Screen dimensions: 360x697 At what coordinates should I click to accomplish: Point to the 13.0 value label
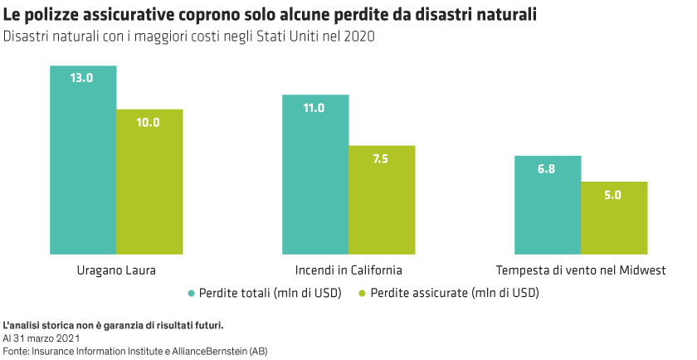coord(82,78)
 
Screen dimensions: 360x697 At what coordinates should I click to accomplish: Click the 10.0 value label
coord(149,122)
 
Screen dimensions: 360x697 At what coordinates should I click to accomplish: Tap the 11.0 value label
coord(314,108)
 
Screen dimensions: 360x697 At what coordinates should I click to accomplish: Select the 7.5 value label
coord(381,158)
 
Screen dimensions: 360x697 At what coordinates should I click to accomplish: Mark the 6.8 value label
coord(547,168)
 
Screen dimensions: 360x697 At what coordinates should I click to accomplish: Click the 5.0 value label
coord(613,195)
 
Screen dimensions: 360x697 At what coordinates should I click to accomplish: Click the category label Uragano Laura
coord(116,270)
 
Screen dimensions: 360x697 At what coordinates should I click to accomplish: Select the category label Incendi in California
coord(348,270)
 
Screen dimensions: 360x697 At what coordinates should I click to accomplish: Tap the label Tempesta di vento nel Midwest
coord(581,270)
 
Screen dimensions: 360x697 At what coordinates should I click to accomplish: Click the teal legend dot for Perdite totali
coord(192,293)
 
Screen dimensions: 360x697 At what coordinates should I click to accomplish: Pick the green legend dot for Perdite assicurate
coord(362,293)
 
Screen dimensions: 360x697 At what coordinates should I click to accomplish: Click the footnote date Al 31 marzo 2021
coord(41,338)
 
